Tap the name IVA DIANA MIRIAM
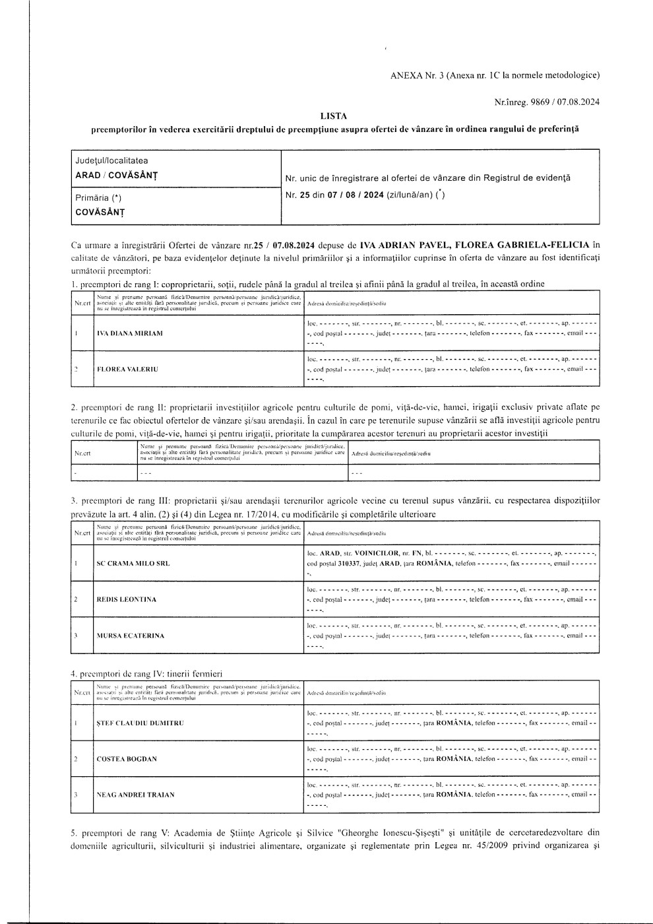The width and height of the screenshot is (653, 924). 129,333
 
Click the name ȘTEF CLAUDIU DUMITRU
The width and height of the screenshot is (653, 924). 140,723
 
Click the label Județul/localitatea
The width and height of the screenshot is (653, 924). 111,160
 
